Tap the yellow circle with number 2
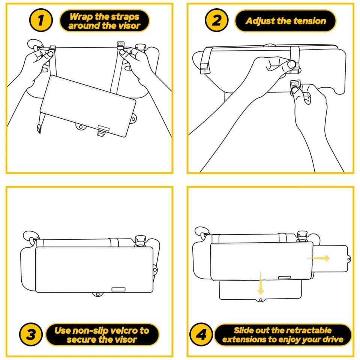tap(217, 21)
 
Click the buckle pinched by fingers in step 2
tap(295, 85)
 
